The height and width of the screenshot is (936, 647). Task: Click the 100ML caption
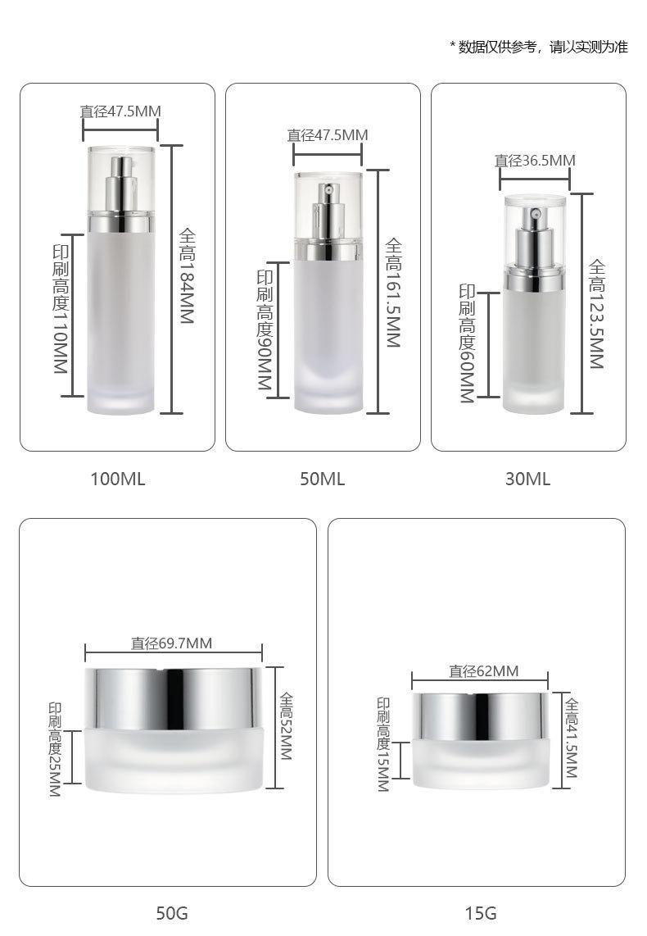[117, 479]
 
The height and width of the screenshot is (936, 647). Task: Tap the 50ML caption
[322, 479]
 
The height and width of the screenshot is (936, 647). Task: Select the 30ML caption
[527, 479]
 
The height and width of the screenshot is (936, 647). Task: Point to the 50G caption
[172, 913]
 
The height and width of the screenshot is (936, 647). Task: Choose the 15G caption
[481, 913]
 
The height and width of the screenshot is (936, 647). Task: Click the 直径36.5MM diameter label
[535, 161]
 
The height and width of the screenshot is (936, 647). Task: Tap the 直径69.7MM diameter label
[172, 643]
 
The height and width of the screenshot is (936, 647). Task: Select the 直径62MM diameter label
[483, 671]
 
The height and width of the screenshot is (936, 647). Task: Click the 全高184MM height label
[188, 276]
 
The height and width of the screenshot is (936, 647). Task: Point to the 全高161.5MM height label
[393, 293]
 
